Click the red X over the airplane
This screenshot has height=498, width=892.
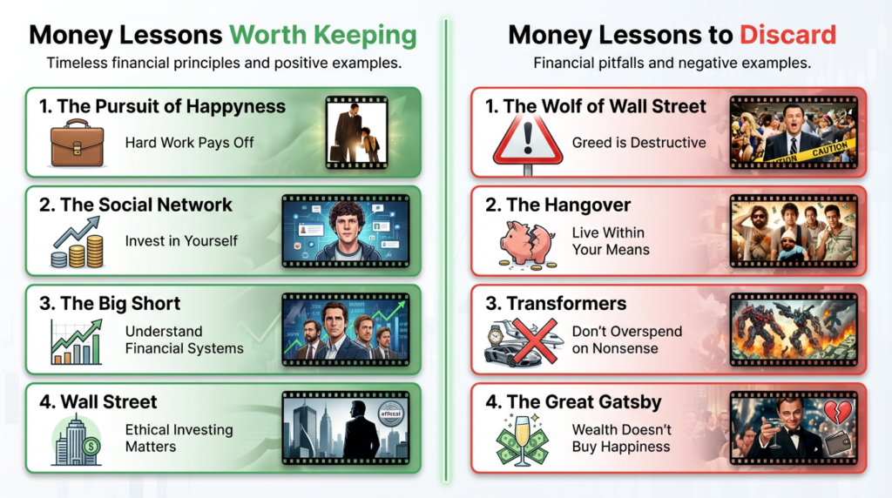[x=530, y=339]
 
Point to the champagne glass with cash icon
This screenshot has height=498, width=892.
[x=525, y=439]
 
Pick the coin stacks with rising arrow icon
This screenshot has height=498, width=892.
[x=77, y=242]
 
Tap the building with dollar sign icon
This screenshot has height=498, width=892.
[x=77, y=439]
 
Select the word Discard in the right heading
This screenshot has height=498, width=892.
[x=787, y=35]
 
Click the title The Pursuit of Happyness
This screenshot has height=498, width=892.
[x=162, y=107]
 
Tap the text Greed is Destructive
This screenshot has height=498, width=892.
[x=639, y=142]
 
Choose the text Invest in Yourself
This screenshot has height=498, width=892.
[x=181, y=240]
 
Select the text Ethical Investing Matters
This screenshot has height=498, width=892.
[x=179, y=438]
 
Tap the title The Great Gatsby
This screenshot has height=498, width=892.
[x=585, y=402]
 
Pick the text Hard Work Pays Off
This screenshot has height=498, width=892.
[x=190, y=142]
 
